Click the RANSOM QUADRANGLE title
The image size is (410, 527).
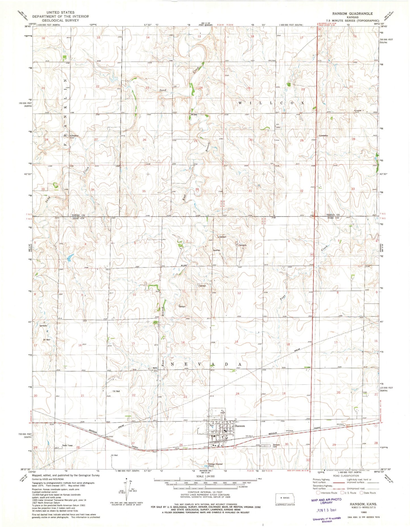[353, 14]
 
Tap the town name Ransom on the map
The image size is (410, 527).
[240, 426]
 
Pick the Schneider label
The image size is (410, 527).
[358, 111]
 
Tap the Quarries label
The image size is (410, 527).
[216, 250]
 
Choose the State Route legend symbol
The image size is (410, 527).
[362, 493]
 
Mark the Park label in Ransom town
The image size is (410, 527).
[211, 426]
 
